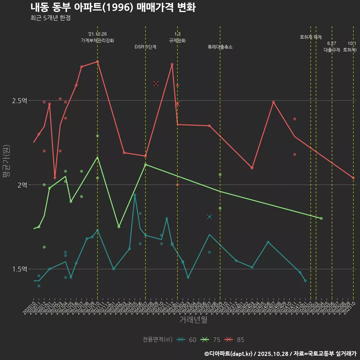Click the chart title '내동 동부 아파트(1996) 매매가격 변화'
click(x=112, y=7)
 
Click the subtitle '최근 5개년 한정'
click(x=50, y=18)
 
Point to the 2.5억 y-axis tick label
click(x=19, y=100)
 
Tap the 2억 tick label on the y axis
click(x=21, y=185)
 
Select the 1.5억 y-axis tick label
click(x=19, y=269)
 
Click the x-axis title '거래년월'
click(x=193, y=320)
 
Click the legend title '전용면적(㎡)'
click(x=157, y=340)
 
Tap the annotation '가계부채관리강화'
click(x=97, y=40)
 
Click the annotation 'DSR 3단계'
click(x=145, y=47)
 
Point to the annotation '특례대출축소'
click(x=220, y=47)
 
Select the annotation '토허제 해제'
click(x=311, y=37)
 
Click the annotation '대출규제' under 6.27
click(x=332, y=50)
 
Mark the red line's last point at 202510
click(x=353, y=178)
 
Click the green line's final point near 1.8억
click(x=321, y=218)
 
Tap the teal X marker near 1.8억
click(x=209, y=217)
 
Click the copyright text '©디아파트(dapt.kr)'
click(x=229, y=354)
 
